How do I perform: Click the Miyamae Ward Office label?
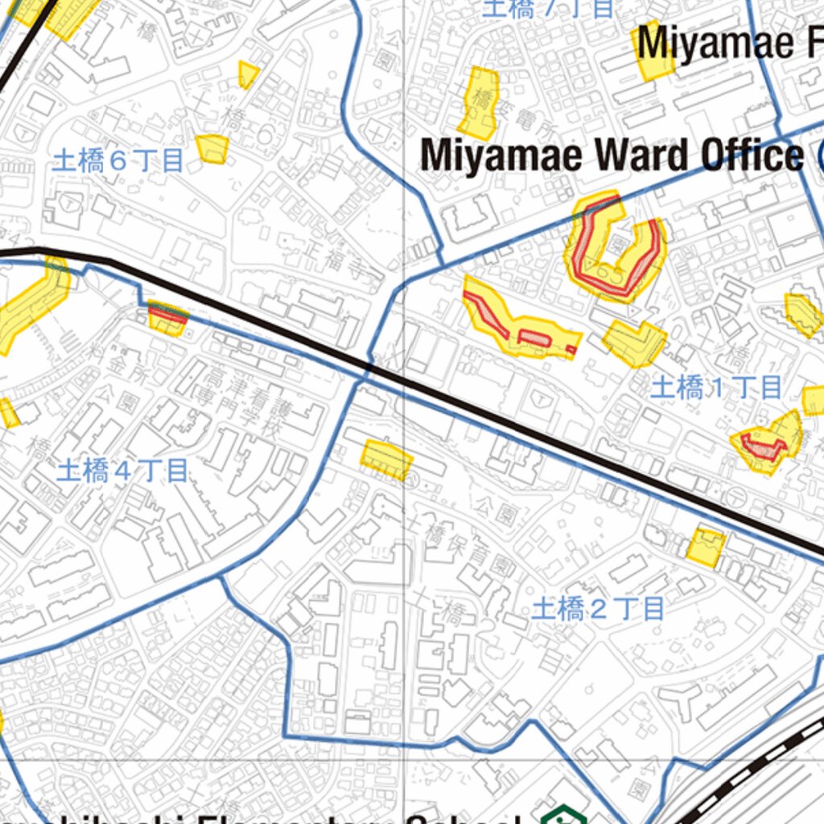coord(612,154)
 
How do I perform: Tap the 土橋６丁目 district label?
coord(117,161)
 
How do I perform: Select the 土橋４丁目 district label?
coord(122,471)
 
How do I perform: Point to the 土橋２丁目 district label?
coord(598,608)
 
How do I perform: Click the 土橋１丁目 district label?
coord(716,388)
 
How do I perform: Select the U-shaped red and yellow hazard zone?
coord(616,249)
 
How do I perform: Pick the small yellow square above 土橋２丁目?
coord(706,546)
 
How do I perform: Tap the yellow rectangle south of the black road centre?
coord(386,459)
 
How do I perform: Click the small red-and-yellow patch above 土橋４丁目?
coord(168,318)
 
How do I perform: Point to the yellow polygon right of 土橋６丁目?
coord(212,149)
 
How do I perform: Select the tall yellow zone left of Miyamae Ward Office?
coord(480,103)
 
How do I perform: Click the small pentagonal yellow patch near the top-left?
coord(248,75)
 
